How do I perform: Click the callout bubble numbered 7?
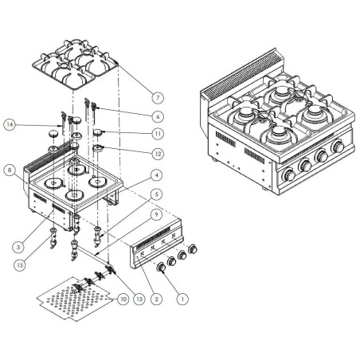(158, 97)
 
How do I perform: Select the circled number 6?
(158, 115)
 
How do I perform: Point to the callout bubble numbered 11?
(158, 135)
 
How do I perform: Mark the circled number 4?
(158, 175)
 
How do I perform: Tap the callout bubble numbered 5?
(158, 194)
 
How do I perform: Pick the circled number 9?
(158, 213)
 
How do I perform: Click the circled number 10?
(122, 299)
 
